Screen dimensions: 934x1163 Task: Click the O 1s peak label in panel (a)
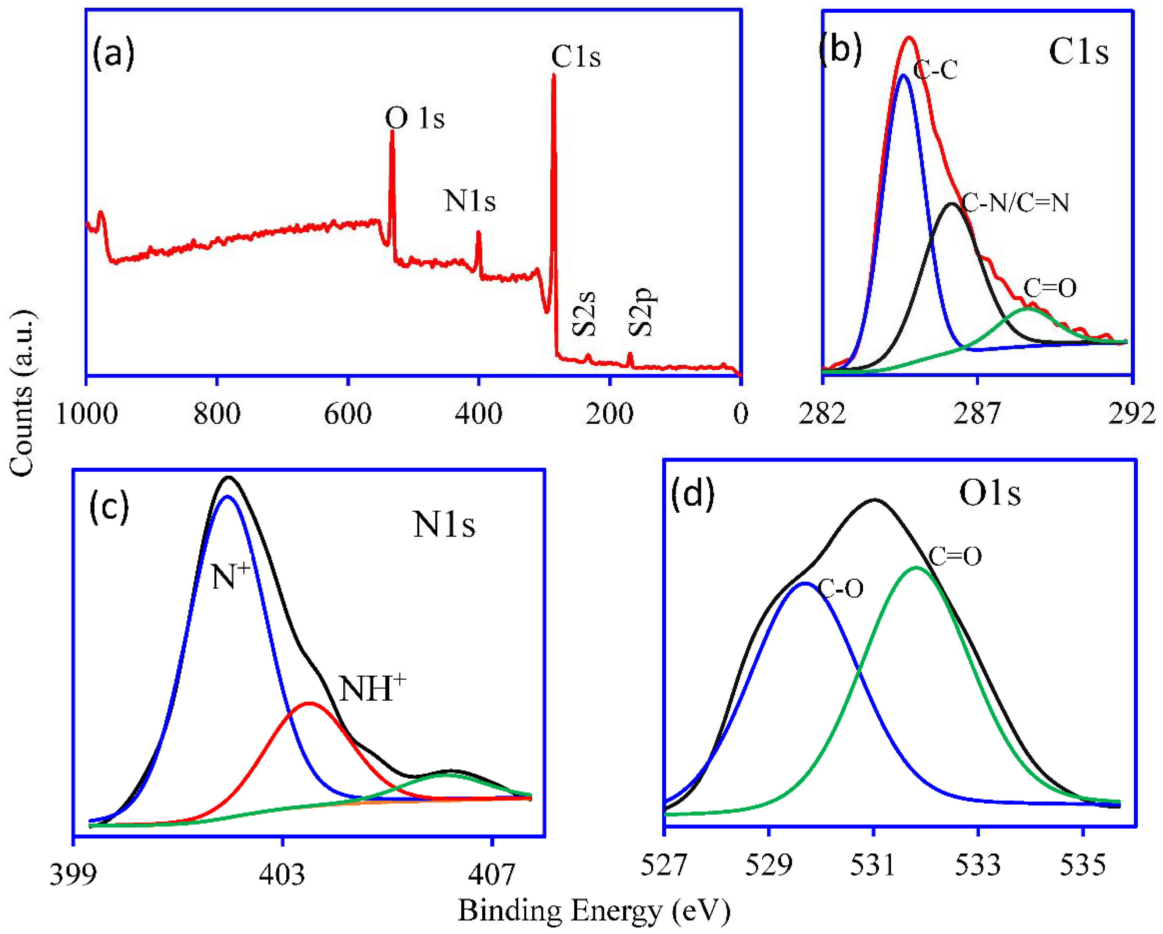pos(414,118)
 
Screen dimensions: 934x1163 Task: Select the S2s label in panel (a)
pos(584,313)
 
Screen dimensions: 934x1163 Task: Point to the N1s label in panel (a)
pos(469,201)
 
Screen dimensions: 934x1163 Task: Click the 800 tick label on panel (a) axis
pos(217,414)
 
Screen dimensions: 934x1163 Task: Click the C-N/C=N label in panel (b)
pos(1015,203)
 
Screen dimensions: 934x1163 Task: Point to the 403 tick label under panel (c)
pos(282,876)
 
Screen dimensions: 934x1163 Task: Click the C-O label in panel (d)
pos(840,589)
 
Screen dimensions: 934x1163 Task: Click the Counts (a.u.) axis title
pos(23,394)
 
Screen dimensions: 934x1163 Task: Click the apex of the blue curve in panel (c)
pos(228,497)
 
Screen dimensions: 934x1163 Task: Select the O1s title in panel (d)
pos(990,494)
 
